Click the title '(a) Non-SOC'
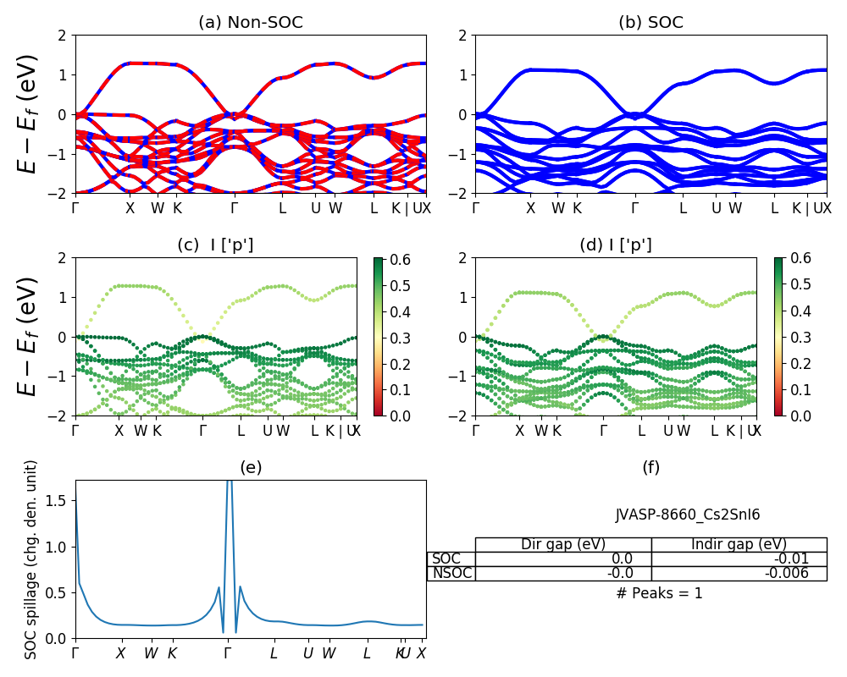point(250,23)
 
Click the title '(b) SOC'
point(650,23)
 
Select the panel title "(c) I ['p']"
point(215,245)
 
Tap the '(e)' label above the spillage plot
point(250,467)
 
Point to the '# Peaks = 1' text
point(659,593)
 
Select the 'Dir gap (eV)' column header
point(562,544)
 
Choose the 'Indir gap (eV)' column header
point(739,544)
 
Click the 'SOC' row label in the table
point(446,559)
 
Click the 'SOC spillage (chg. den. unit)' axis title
point(31,559)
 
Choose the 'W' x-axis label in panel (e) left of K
point(150,653)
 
